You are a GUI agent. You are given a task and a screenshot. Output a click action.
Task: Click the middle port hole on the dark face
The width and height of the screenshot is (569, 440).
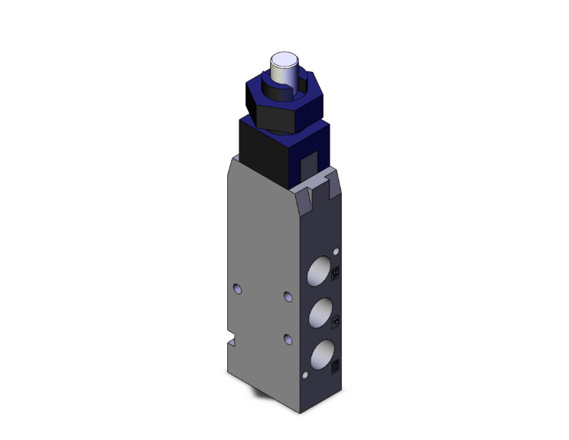pos(319,312)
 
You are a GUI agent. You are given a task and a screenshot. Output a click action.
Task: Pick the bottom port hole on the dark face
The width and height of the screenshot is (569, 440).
pos(319,353)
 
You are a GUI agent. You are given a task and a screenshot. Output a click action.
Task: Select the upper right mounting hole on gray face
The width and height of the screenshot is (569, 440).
pos(288,296)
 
